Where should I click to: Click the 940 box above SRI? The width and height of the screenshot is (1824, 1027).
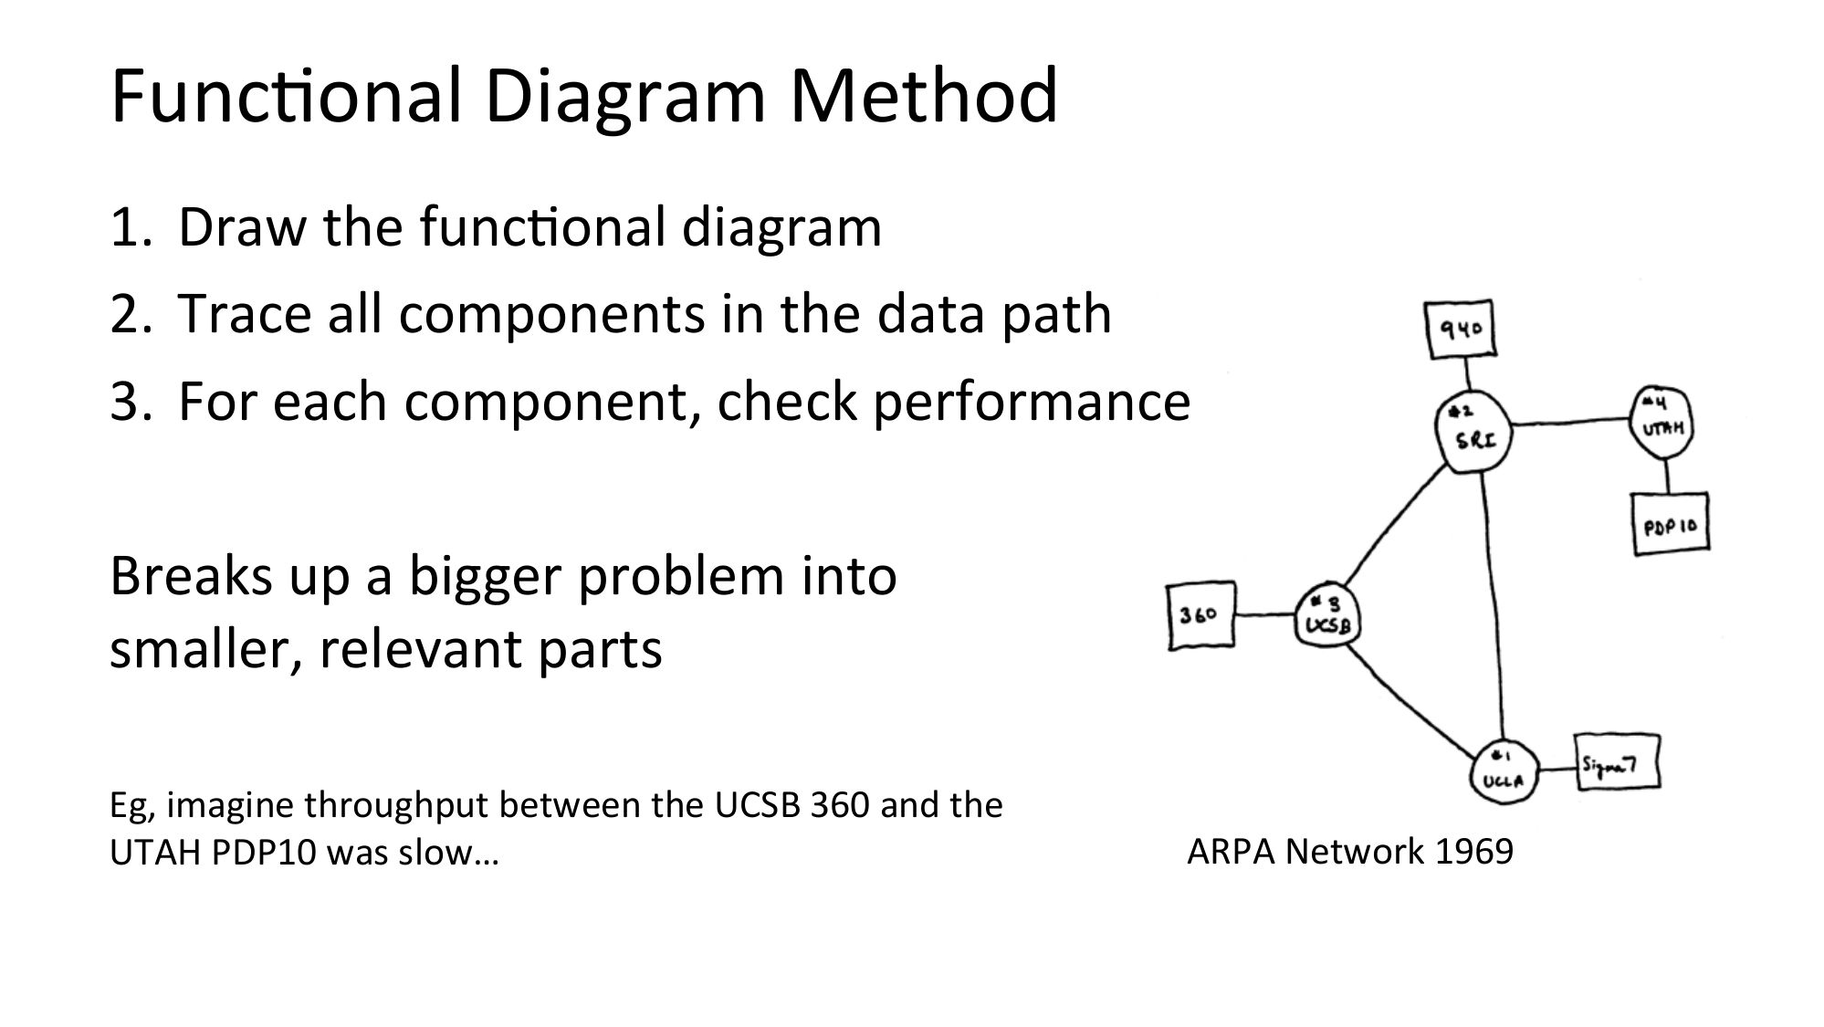pyautogui.click(x=1461, y=330)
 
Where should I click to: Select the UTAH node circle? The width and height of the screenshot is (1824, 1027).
pyautogui.click(x=1662, y=422)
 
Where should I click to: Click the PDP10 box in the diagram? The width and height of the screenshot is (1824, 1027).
pyautogui.click(x=1670, y=523)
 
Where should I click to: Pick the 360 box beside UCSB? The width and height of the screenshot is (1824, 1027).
pyautogui.click(x=1200, y=616)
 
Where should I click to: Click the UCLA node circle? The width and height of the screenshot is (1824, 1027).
pyautogui.click(x=1503, y=772)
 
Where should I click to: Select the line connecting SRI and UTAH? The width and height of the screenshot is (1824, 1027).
pyautogui.click(x=1570, y=421)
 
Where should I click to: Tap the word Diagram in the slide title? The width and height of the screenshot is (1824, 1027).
pyautogui.click(x=627, y=97)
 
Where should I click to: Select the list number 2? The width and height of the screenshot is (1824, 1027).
pyautogui.click(x=124, y=314)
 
